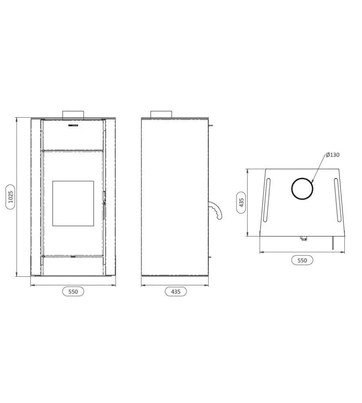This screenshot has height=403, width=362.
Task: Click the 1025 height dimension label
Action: coord(10,197)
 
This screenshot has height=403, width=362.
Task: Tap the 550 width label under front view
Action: coord(73,292)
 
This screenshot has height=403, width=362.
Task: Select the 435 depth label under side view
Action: coord(176,292)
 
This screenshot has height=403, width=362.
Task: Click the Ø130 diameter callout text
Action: coord(333,155)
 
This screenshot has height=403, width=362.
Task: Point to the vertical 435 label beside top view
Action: coord(241,203)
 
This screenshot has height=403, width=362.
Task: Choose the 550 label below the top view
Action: coord(302,260)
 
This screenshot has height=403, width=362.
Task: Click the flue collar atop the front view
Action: coord(73,114)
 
